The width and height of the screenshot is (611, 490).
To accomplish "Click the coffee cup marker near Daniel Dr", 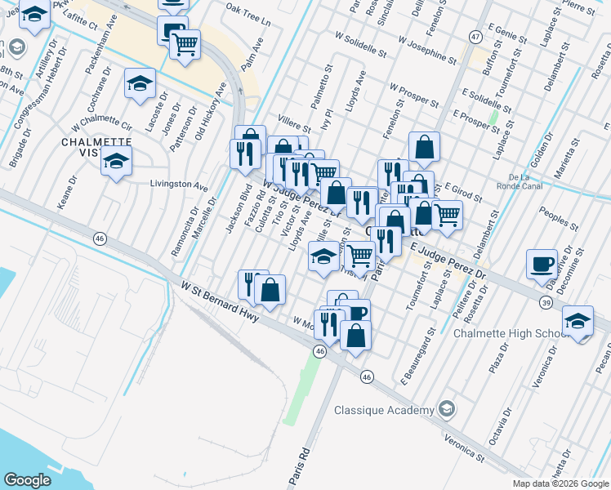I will [542, 264].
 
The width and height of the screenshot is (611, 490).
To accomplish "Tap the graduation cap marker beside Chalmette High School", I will [578, 321].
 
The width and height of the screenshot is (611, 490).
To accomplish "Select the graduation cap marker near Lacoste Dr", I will [140, 83].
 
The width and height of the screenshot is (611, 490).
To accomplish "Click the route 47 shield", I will [475, 37].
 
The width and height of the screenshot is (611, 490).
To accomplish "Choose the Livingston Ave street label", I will [179, 185].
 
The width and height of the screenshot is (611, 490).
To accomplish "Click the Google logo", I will [29, 480].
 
